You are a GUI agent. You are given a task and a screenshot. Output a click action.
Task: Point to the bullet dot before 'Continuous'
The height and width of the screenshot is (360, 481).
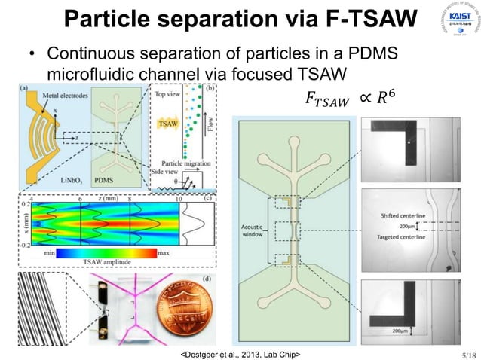[31, 56]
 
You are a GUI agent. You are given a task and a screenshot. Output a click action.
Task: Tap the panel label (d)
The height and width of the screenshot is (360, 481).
[207, 277]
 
